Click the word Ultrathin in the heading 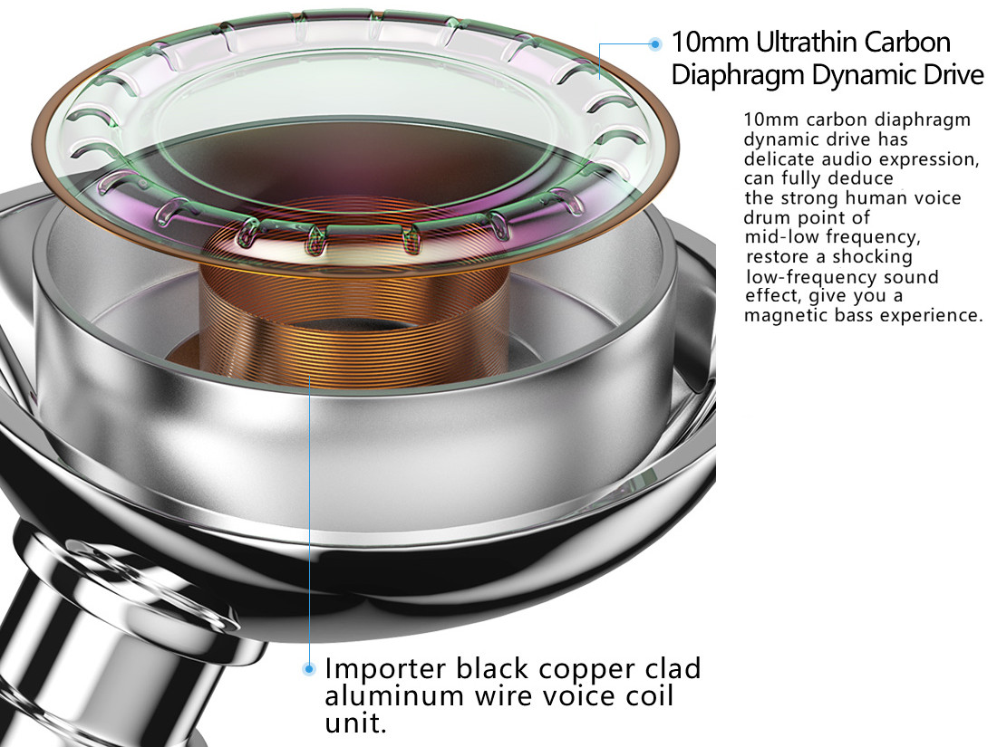tap(801, 43)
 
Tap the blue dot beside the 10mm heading tap(655, 43)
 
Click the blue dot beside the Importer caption tap(310, 668)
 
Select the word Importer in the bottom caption tap(386, 668)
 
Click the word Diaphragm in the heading tap(738, 75)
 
